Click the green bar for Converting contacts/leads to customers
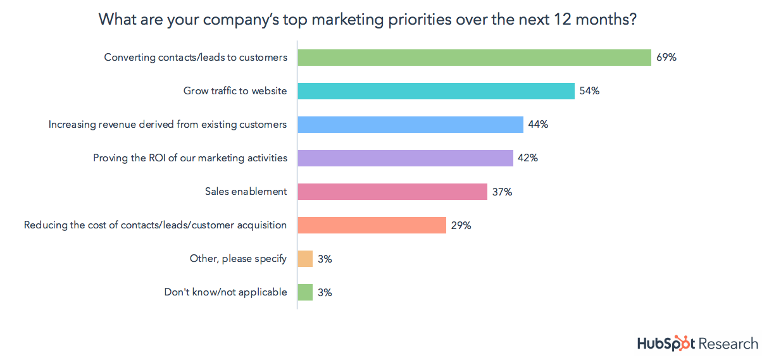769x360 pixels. tap(474, 58)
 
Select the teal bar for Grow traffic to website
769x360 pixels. tap(436, 91)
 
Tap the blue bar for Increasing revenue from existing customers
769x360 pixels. tap(410, 125)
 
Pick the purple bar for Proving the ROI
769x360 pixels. tap(405, 158)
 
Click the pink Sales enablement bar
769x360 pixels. tap(392, 192)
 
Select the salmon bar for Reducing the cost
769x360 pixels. tap(372, 225)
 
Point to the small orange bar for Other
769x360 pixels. tap(305, 259)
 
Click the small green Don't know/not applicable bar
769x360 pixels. tap(305, 292)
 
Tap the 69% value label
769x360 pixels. tap(666, 58)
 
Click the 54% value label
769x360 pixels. tap(589, 91)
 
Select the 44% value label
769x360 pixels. tap(538, 125)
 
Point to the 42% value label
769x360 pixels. tap(528, 158)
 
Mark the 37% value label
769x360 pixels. tap(502, 192)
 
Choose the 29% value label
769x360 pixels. tap(461, 225)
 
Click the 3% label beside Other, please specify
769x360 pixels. tap(325, 259)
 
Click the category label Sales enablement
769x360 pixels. tap(246, 192)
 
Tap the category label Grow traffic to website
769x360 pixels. tap(235, 91)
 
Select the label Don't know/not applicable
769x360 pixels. tap(225, 292)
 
